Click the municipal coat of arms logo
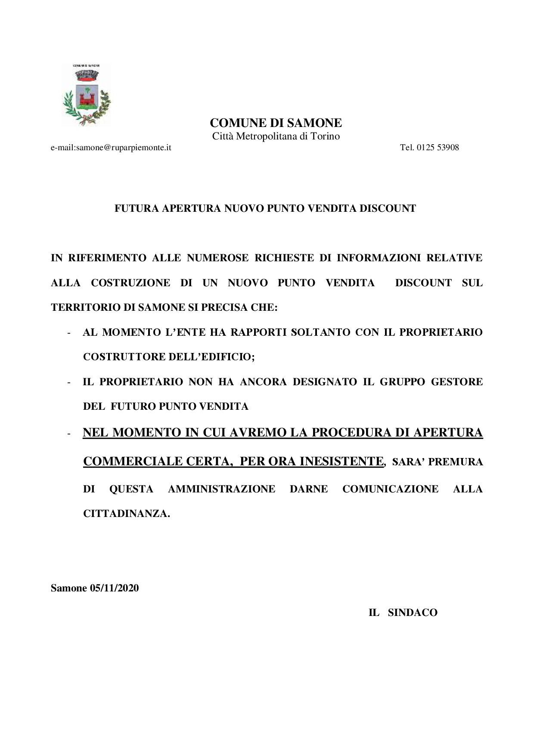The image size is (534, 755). (x=87, y=95)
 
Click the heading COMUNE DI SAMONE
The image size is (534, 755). (x=276, y=123)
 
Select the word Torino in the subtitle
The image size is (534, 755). (x=326, y=136)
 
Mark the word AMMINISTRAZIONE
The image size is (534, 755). (x=221, y=489)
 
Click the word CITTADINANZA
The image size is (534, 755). (x=126, y=514)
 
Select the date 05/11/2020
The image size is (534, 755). (x=114, y=588)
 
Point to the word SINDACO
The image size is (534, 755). (x=413, y=613)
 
